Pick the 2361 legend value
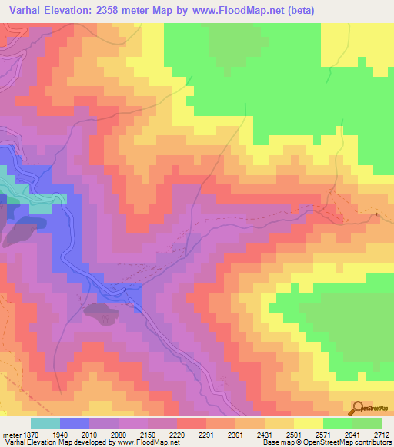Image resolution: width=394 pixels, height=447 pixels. pyautogui.click(x=234, y=433)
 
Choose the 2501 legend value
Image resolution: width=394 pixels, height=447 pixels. pyautogui.click(x=293, y=433)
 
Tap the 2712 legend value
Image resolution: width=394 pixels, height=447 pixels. pyautogui.click(x=382, y=433)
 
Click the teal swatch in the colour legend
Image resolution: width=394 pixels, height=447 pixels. pyautogui.click(x=45, y=423)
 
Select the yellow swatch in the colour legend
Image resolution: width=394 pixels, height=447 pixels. pyautogui.click(x=309, y=423)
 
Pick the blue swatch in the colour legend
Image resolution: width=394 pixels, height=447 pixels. pyautogui.click(x=75, y=423)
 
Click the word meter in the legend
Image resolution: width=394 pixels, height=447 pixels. pyautogui.click(x=11, y=433)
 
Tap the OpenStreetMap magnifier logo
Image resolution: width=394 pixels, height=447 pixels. pyautogui.click(x=357, y=408)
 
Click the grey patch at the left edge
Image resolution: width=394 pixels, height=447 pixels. pyautogui.click(x=18, y=230)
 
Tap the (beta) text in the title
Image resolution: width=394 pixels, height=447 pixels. pyautogui.click(x=295, y=9)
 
